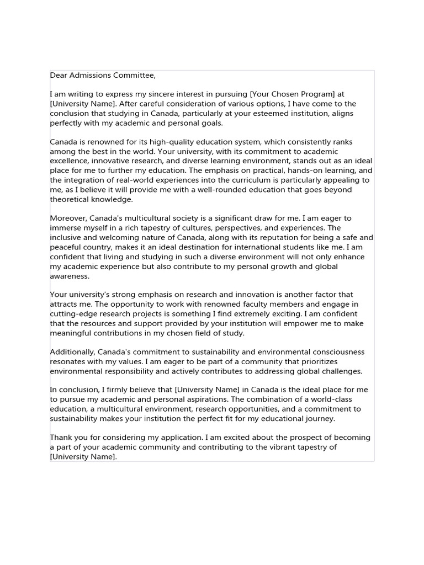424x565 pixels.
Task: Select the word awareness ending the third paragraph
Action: coord(68,275)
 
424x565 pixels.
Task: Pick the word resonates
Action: coord(69,361)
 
